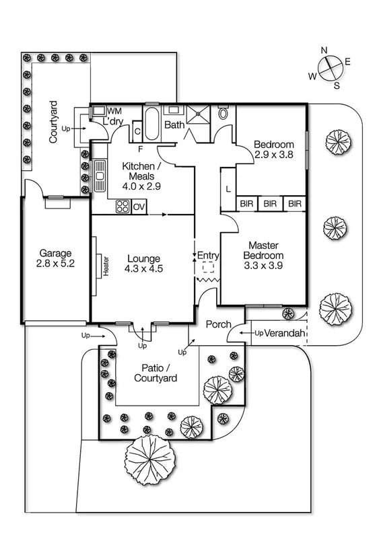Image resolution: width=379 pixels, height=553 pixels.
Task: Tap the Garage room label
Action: pyautogui.click(x=55, y=254)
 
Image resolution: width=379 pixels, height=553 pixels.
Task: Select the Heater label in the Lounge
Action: pyautogui.click(x=106, y=264)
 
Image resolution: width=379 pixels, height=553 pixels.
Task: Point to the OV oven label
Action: pyautogui.click(x=139, y=207)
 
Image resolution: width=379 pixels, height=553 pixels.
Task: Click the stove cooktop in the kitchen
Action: pyautogui.click(x=123, y=207)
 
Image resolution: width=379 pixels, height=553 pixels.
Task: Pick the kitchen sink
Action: pyautogui.click(x=100, y=175)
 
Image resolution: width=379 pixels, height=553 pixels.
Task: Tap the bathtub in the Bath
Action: pyautogui.click(x=151, y=123)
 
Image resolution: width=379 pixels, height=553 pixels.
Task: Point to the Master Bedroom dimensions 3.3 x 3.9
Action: pyautogui.click(x=263, y=265)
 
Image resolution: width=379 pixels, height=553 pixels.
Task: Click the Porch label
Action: pyautogui.click(x=218, y=324)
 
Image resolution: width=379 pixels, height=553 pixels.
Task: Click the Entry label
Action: pyautogui.click(x=209, y=255)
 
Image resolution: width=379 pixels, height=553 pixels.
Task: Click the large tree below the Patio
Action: pyautogui.click(x=150, y=459)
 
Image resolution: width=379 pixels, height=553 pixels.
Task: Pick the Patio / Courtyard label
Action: pyautogui.click(x=155, y=373)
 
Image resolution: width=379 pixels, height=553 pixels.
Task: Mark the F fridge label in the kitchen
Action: pyautogui.click(x=141, y=148)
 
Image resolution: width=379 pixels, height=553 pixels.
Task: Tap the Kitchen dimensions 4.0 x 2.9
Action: pyautogui.click(x=141, y=186)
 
